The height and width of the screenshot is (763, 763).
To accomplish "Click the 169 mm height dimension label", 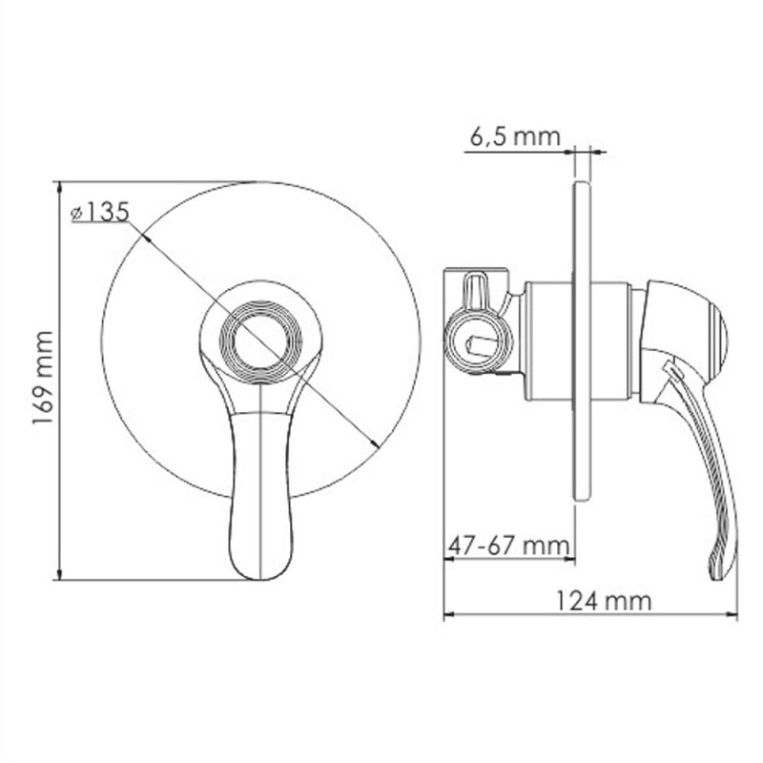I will coord(44,379).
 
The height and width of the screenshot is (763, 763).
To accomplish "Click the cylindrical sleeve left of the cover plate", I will coord(547,339).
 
